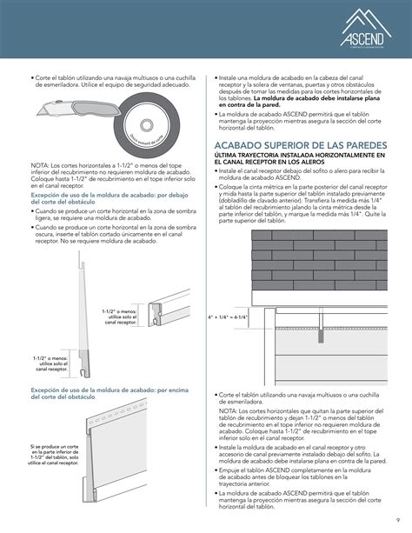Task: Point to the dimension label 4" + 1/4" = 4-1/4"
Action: (x=228, y=317)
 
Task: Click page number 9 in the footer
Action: (x=396, y=521)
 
